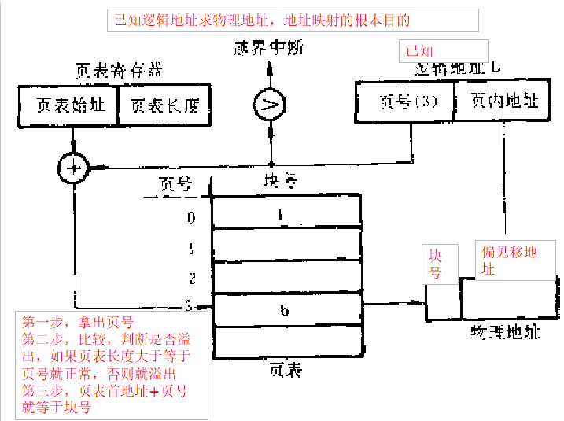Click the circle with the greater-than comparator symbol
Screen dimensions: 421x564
tap(269, 105)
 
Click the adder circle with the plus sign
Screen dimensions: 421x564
tap(74, 167)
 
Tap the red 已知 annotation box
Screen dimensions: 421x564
tap(444, 51)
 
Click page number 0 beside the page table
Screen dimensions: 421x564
tap(191, 218)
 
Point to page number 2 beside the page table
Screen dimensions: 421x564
tap(191, 278)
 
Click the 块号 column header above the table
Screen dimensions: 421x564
tap(281, 181)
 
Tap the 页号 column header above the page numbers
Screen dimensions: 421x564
tap(176, 184)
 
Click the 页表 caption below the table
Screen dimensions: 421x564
tap(285, 369)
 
